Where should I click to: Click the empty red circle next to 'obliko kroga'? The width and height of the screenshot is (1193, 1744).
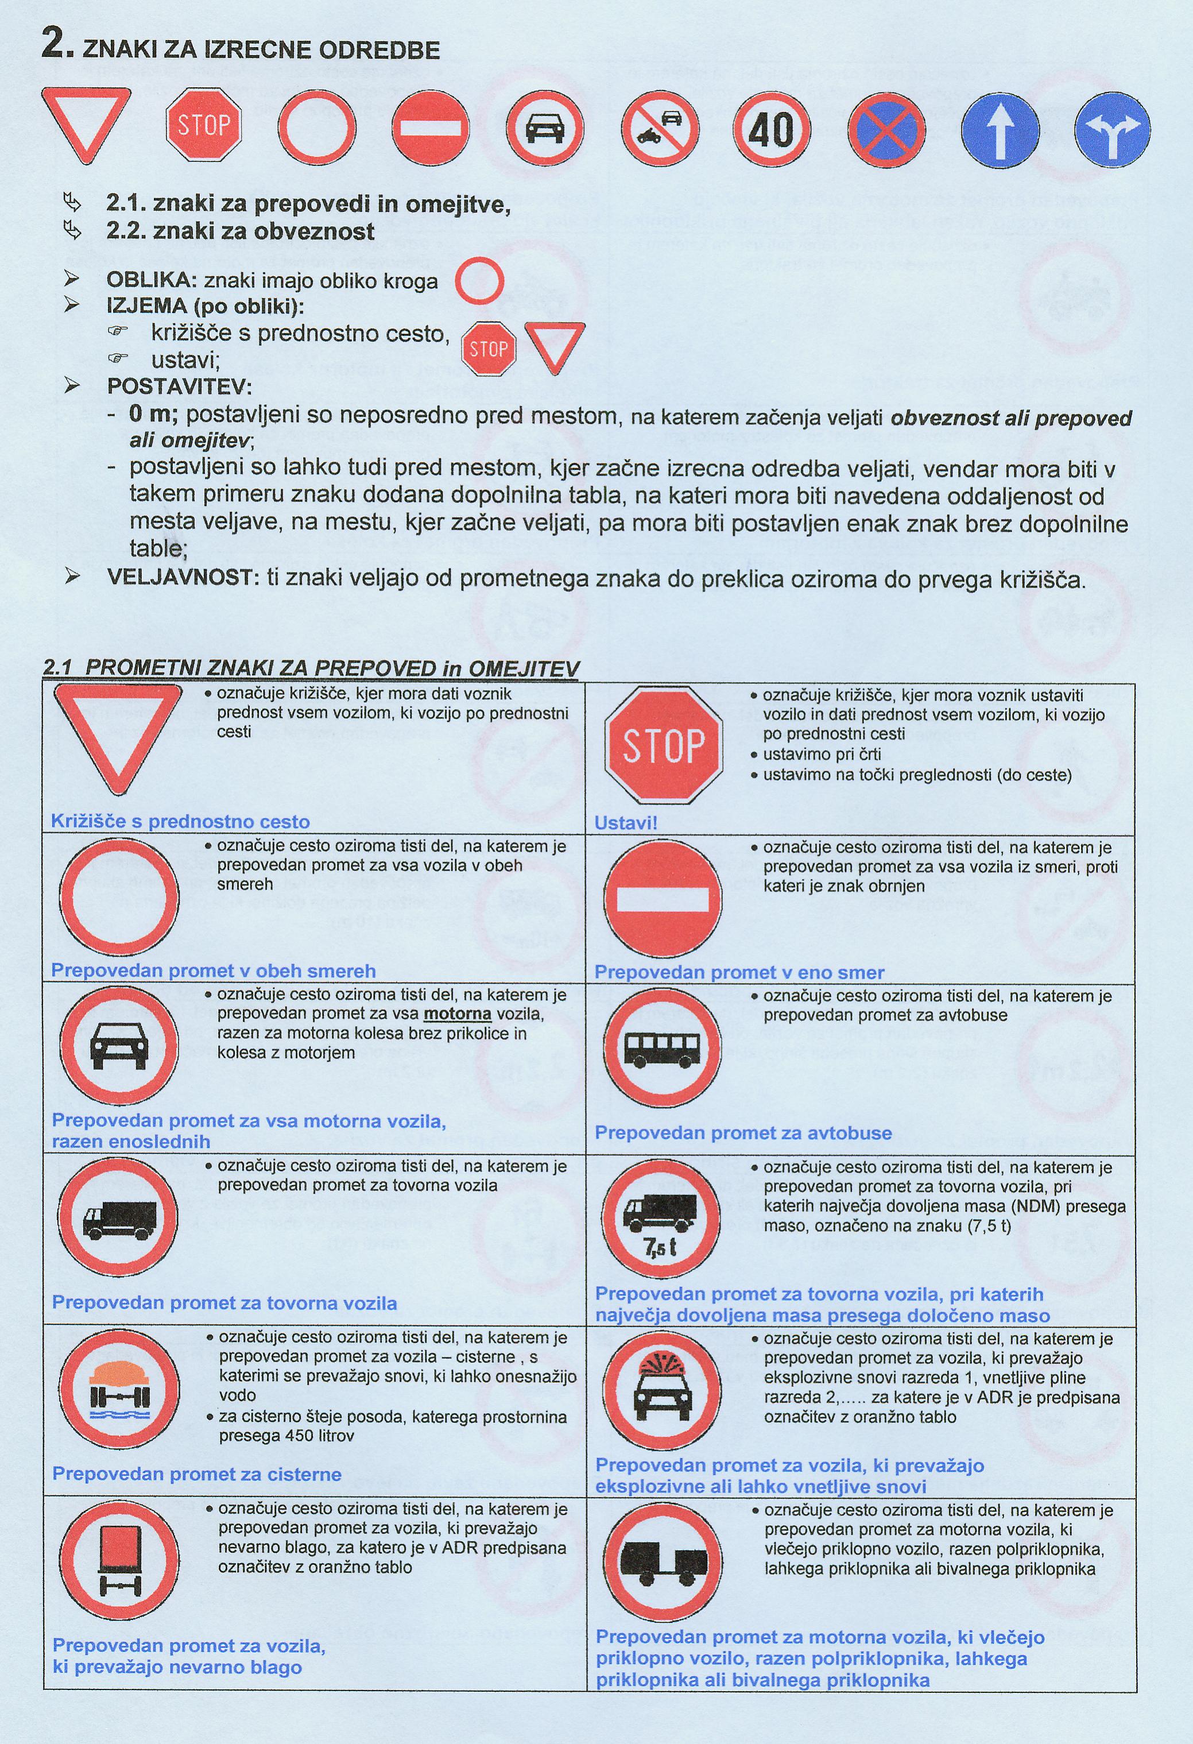(479, 281)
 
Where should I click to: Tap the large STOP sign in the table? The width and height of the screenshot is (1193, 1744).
(663, 745)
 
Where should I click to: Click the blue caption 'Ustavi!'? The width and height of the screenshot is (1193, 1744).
(626, 822)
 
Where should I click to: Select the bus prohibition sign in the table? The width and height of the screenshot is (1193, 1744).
(663, 1047)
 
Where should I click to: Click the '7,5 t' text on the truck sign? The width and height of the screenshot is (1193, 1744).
(660, 1247)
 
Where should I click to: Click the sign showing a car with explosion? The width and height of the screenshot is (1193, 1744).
(662, 1389)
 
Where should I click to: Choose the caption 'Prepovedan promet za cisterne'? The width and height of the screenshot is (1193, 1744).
(196, 1474)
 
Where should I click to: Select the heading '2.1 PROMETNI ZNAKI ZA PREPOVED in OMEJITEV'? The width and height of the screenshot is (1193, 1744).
(311, 668)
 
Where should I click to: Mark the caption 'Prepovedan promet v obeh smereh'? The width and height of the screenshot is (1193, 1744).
(213, 970)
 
